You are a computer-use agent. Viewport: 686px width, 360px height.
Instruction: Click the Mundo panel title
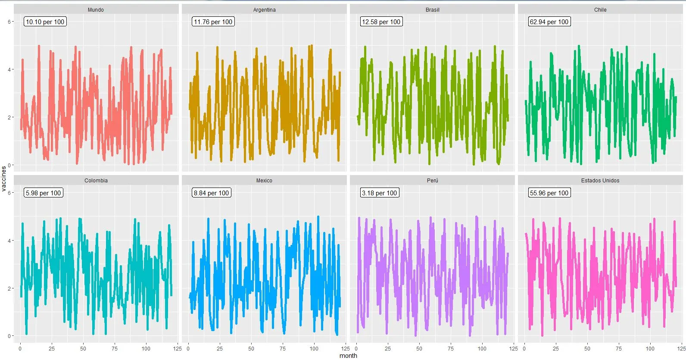tap(96, 9)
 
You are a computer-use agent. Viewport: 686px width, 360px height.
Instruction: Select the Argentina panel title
tap(264, 9)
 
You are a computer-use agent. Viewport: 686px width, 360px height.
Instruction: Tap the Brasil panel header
tap(432, 9)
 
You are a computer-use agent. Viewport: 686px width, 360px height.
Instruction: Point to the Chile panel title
tap(600, 9)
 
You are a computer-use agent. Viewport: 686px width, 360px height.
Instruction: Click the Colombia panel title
tap(96, 180)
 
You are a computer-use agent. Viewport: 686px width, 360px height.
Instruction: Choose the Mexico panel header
tap(264, 180)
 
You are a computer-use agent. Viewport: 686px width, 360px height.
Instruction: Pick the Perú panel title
tap(432, 180)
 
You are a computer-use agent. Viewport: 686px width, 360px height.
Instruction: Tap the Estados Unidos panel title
tap(600, 180)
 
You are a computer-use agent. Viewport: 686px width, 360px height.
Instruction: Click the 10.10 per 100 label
tap(45, 22)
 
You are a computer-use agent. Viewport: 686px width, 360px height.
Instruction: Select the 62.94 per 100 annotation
tap(549, 22)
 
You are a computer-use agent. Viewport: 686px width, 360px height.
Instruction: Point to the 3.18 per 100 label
tap(379, 193)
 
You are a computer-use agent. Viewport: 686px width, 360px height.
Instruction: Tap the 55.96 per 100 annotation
tap(549, 193)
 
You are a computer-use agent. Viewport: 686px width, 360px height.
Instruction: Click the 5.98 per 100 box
tap(43, 193)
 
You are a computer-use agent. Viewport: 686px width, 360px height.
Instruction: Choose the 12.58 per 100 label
tap(381, 22)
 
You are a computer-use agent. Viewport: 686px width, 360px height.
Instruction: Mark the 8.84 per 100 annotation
tap(211, 193)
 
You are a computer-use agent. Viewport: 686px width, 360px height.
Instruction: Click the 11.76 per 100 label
tap(213, 22)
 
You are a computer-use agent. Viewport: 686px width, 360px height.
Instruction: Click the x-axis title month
tap(348, 356)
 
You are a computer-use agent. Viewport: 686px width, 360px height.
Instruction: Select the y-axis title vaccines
tap(4, 178)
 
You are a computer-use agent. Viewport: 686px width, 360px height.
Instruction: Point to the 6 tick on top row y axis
tap(9, 22)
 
